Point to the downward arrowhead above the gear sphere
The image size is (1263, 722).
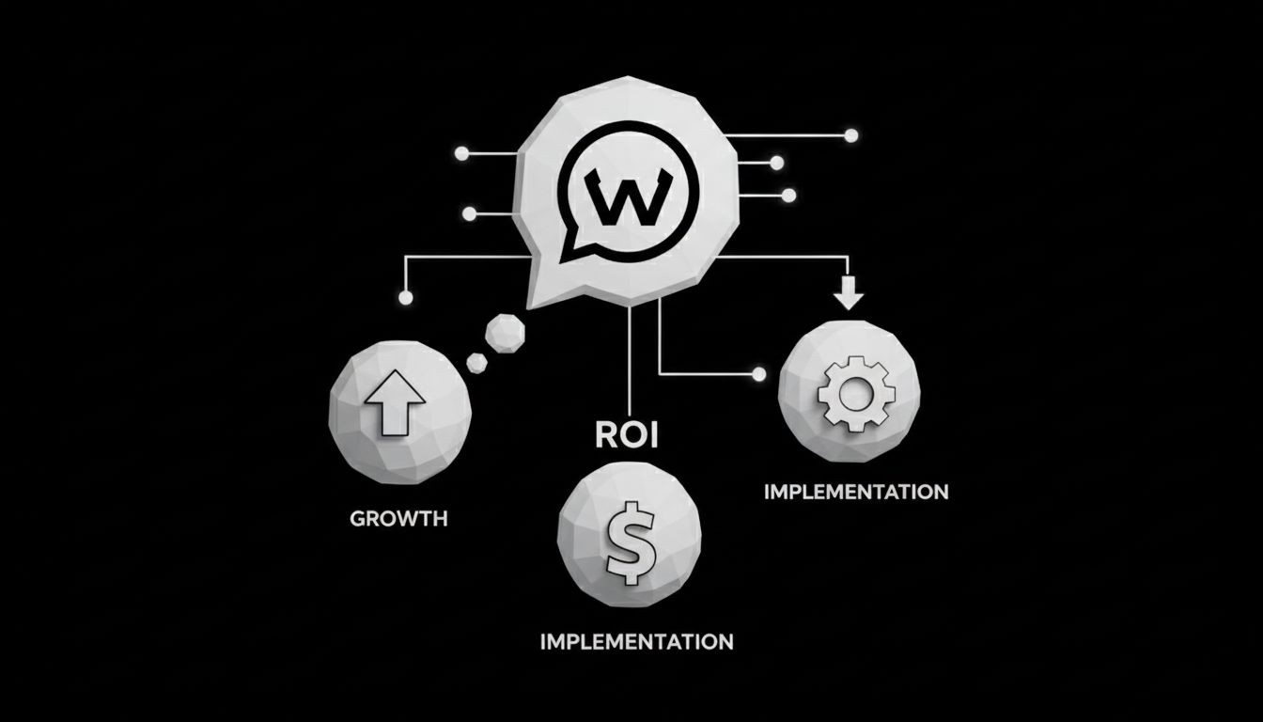(849, 298)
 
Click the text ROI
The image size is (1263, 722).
(628, 435)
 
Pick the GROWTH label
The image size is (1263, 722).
(398, 518)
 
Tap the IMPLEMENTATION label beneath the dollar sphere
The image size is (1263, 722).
(637, 642)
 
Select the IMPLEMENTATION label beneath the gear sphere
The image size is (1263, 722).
(856, 492)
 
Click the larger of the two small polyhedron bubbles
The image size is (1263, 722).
(506, 332)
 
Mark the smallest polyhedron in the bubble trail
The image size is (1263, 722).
(477, 362)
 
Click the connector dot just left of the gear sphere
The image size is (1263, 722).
(759, 374)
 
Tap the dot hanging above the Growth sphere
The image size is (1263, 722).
(405, 298)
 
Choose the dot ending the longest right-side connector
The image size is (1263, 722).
(851, 135)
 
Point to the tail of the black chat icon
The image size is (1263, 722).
(569, 252)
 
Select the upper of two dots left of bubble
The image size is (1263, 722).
(460, 152)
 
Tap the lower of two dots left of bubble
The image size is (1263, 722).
(469, 213)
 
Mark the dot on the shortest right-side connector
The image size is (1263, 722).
(776, 163)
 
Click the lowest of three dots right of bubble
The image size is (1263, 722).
(788, 196)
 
